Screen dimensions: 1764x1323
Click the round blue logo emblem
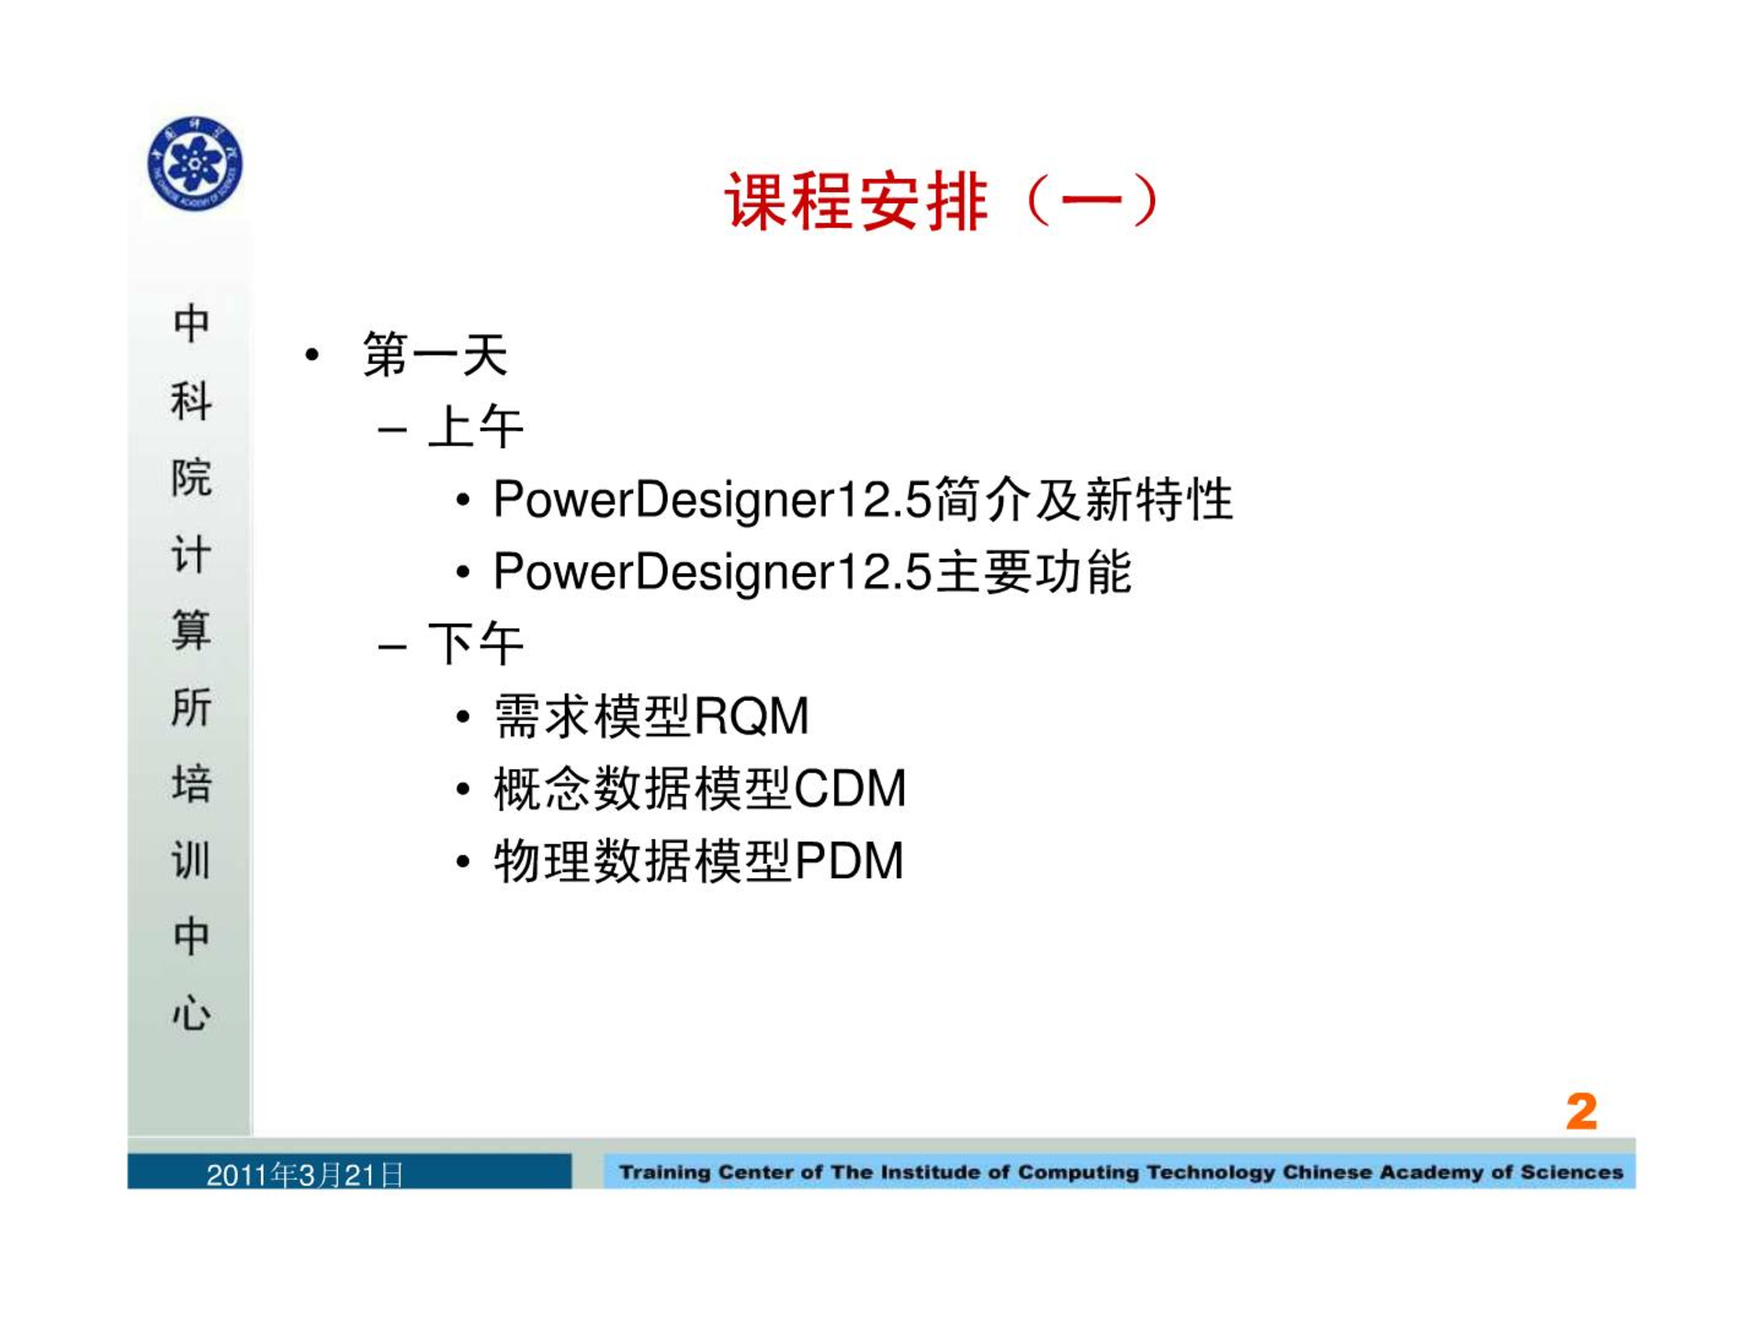tap(195, 164)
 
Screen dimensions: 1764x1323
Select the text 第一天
tap(435, 355)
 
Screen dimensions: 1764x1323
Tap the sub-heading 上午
tap(476, 426)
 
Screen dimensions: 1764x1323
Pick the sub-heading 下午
tap(476, 643)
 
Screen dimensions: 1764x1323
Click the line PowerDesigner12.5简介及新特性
tap(863, 500)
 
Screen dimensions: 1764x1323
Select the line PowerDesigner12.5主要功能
tap(812, 571)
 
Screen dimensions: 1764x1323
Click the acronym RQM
tap(752, 716)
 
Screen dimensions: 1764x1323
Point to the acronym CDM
tap(850, 788)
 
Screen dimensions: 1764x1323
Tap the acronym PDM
tap(849, 861)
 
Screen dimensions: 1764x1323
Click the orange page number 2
tap(1581, 1112)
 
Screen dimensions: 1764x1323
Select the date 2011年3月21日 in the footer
tap(305, 1175)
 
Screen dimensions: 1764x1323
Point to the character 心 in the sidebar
tap(191, 1012)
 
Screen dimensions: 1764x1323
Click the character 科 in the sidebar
tap(191, 401)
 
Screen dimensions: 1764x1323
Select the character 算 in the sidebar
tap(191, 630)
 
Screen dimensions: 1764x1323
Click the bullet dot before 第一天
tap(312, 355)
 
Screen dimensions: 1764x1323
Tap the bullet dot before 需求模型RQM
tap(463, 717)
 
